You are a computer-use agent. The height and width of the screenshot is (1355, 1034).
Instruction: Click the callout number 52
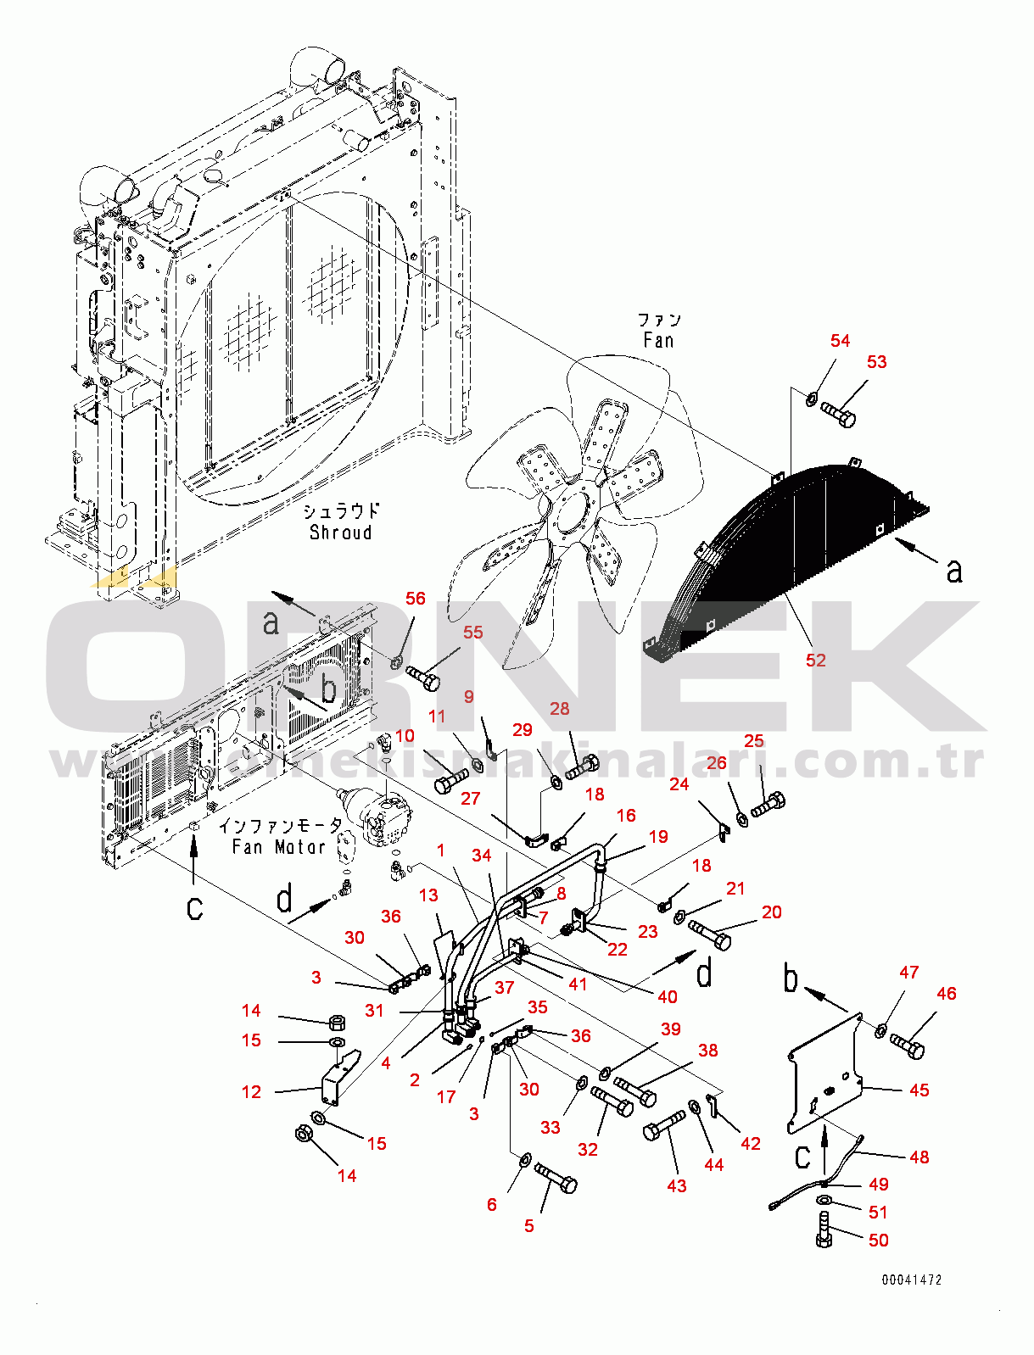click(815, 661)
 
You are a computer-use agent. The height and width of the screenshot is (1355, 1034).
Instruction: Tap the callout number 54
click(840, 341)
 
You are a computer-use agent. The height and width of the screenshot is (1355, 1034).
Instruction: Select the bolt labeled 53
click(839, 415)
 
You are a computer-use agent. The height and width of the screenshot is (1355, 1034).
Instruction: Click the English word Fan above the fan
click(658, 341)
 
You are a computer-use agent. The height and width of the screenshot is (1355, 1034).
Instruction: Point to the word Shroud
click(340, 533)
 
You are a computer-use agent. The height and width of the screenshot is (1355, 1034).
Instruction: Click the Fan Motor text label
click(278, 846)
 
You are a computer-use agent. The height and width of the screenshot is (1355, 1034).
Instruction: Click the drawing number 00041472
click(911, 1280)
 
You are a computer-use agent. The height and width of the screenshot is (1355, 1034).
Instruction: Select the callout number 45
click(919, 1090)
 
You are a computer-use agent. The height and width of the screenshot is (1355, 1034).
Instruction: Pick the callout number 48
click(919, 1157)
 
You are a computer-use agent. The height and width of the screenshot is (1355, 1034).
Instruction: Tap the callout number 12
click(252, 1092)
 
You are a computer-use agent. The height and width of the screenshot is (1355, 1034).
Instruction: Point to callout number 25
click(754, 741)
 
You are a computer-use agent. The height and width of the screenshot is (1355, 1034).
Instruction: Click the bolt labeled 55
click(423, 677)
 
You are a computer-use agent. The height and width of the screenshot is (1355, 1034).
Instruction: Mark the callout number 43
click(676, 1186)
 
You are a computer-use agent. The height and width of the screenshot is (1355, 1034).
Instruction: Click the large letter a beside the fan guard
click(954, 572)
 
